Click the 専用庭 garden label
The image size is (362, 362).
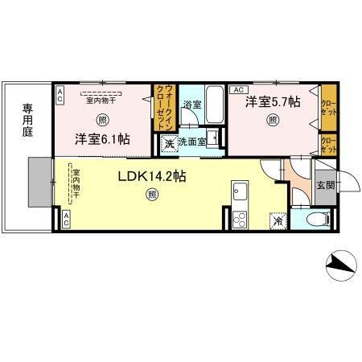point(27,119)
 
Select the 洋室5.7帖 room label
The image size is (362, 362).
point(274,102)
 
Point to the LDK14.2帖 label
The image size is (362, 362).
point(153,175)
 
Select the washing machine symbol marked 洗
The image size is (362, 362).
point(170,144)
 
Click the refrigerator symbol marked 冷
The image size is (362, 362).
point(278,220)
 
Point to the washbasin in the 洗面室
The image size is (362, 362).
point(212,138)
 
